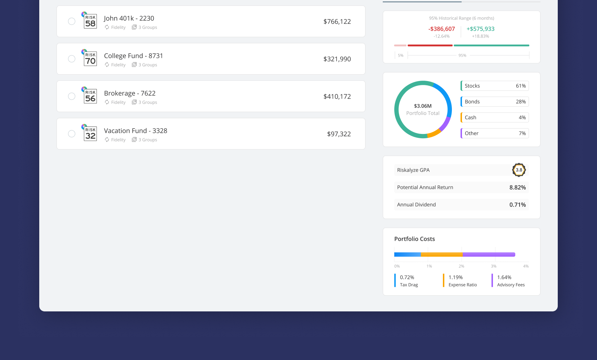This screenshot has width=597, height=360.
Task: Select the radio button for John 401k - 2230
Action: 72,21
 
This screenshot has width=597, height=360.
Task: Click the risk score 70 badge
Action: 90,59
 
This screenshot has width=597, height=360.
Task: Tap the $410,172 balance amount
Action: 337,96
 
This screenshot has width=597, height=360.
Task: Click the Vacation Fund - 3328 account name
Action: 135,131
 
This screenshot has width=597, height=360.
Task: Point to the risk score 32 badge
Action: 90,134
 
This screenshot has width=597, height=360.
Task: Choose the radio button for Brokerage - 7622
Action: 72,96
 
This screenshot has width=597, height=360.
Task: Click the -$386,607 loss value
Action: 441,29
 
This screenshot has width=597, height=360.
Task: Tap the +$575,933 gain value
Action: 480,29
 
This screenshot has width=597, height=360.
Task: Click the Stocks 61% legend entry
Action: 495,86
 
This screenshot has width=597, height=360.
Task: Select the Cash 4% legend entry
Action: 495,117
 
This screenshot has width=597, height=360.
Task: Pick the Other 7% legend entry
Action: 495,133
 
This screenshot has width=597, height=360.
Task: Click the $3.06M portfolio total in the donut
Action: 423,106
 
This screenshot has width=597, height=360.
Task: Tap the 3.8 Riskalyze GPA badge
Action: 519,170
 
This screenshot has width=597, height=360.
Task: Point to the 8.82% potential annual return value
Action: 517,188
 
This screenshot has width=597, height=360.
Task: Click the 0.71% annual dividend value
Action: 517,205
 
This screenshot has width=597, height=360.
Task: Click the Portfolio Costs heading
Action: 414,239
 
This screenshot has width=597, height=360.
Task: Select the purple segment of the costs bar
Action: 489,255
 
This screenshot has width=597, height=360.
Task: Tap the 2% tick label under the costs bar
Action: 461,266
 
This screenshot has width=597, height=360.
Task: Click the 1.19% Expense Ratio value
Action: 455,278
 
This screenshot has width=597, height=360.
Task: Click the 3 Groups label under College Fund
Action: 148,65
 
